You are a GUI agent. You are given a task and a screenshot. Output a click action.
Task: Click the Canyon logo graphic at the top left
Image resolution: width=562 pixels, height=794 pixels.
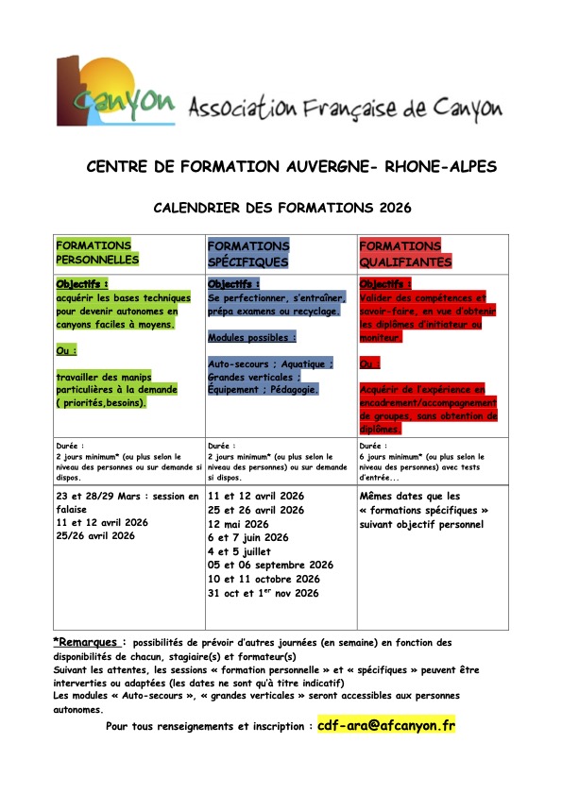[114, 93]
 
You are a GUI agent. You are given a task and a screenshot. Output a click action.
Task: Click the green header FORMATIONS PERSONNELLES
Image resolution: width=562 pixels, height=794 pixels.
[96, 252]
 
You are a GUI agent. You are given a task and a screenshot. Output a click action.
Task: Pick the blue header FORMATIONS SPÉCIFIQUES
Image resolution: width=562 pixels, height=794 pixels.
[248, 253]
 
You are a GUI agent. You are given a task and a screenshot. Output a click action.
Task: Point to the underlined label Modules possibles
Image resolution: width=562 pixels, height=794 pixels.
[251, 337]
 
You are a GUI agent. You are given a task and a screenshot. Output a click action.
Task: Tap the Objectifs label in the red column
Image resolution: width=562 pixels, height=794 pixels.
[384, 283]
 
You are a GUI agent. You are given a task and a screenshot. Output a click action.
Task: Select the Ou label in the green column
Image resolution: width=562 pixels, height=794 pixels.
[67, 349]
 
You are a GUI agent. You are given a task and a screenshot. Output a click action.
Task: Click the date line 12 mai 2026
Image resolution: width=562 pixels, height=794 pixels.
[238, 524]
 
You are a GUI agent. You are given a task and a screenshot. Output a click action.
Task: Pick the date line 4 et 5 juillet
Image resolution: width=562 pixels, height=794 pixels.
[239, 551]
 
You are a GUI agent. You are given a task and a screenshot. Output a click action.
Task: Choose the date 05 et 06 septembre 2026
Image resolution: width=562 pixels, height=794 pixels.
[270, 566]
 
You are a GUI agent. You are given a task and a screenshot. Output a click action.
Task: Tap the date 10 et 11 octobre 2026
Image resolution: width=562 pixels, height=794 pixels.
[264, 579]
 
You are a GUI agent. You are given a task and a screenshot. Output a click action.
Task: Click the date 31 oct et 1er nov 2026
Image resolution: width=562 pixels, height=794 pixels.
[264, 593]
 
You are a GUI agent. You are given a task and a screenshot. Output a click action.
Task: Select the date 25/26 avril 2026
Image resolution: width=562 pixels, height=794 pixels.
[95, 535]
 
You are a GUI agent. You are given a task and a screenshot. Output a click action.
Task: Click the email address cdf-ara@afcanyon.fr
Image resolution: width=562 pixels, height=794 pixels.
[385, 726]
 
